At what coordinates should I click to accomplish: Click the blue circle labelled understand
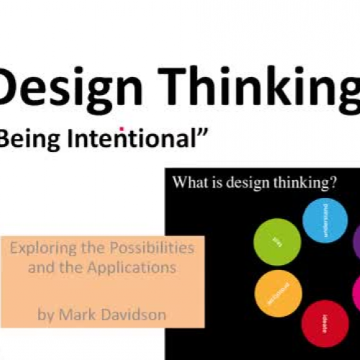click(x=325, y=220)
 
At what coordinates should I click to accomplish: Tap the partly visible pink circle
click(x=356, y=295)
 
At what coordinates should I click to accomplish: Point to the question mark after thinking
click(x=333, y=182)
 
